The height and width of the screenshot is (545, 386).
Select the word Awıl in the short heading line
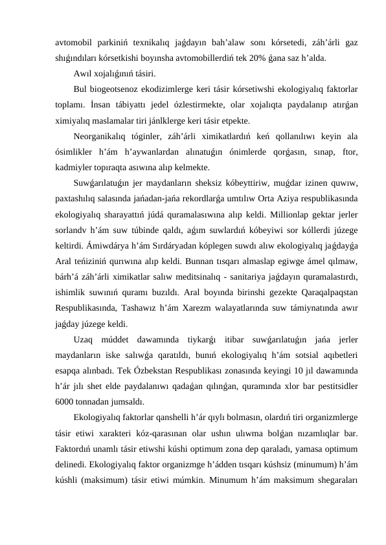coord(84,72)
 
